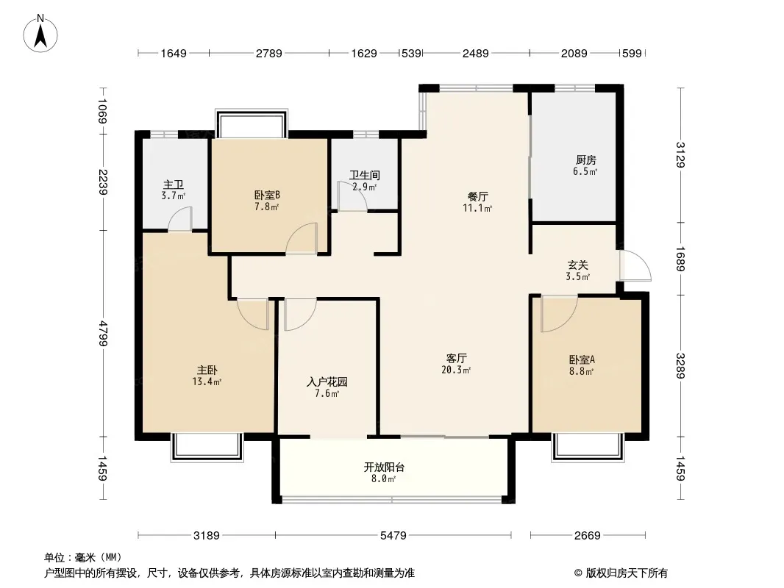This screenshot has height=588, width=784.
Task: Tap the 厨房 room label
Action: tap(585, 160)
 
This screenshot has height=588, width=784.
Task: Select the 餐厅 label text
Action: tap(477, 196)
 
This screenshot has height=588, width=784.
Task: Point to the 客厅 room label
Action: tap(456, 358)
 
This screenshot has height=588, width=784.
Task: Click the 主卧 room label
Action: tap(207, 370)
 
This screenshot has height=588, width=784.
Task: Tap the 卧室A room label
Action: tap(582, 359)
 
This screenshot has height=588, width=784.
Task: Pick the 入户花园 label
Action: tap(327, 382)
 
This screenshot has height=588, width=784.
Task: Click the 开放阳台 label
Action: tap(384, 467)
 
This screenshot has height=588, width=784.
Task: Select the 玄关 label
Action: tap(577, 265)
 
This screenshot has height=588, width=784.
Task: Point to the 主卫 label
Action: tap(173, 184)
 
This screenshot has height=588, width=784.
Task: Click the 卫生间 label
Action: tap(365, 176)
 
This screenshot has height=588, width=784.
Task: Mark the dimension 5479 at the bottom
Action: tap(393, 536)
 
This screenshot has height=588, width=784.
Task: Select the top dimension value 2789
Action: tap(269, 53)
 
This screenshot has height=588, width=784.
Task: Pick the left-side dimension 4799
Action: tap(103, 334)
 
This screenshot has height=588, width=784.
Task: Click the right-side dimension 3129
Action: tap(680, 155)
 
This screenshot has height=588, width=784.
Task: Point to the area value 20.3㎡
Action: tap(456, 370)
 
